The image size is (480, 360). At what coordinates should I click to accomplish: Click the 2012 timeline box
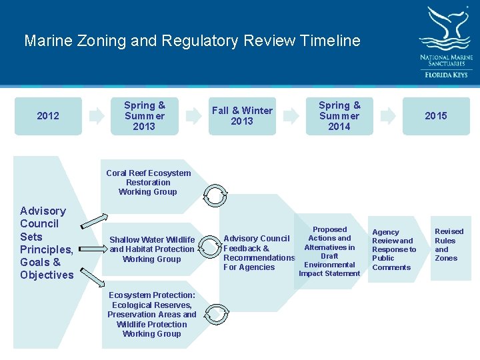[x=48, y=116]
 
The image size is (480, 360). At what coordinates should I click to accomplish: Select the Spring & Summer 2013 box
[x=144, y=116]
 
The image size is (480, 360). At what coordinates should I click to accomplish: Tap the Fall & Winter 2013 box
[x=241, y=116]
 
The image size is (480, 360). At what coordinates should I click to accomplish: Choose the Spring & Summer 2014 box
[x=339, y=116]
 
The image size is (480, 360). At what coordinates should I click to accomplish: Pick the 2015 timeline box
[x=436, y=116]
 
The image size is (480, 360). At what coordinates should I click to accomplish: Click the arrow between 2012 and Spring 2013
[x=97, y=116]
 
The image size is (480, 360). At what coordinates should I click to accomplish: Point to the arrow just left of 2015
[x=388, y=116]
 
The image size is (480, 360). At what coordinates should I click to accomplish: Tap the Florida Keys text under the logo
[x=446, y=75]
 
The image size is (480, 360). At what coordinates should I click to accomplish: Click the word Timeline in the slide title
[x=329, y=41]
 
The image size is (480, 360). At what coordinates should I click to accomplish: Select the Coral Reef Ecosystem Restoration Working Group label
[x=148, y=182]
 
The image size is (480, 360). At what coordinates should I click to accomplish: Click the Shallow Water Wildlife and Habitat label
[x=152, y=249]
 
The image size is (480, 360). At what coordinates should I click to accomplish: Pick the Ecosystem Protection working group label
[x=152, y=315]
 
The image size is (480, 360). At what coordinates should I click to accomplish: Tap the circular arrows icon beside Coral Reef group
[x=216, y=194]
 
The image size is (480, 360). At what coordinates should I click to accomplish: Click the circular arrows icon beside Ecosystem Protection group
[x=216, y=313]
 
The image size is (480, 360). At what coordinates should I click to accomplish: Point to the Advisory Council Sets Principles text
[x=47, y=243]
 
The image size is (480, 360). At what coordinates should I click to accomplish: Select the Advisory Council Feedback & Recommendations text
[x=259, y=253]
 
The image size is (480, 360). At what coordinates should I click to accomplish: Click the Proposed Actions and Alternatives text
[x=329, y=251]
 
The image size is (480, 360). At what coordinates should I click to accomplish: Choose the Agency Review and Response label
[x=393, y=249]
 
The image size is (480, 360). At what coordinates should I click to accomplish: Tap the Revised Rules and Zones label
[x=449, y=245]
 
